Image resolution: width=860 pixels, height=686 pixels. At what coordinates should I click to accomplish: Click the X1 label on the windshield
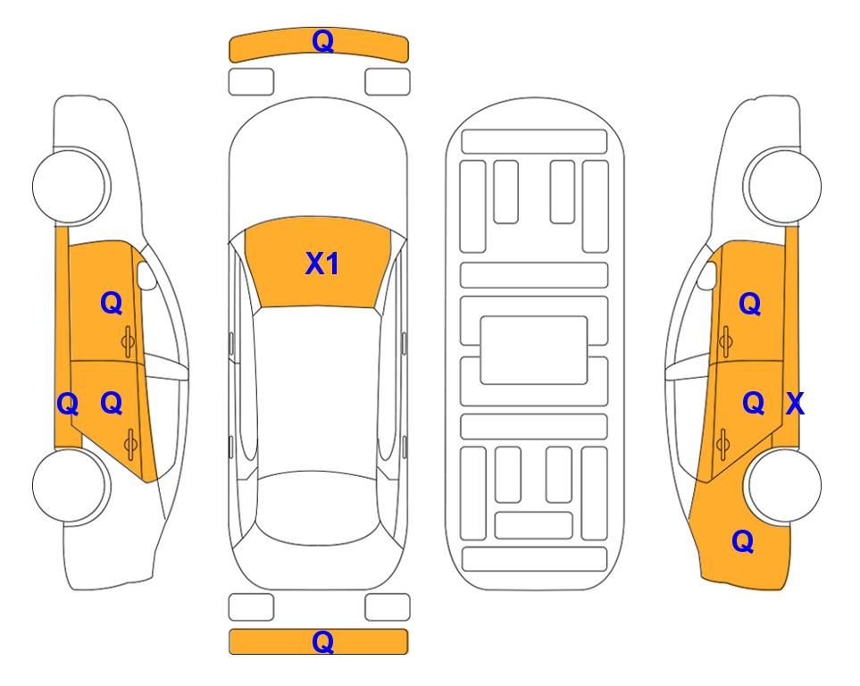[x=322, y=264]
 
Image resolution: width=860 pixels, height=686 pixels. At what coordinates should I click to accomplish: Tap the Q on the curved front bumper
[x=322, y=41]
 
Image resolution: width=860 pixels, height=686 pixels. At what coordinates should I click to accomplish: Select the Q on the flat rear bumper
[x=322, y=641]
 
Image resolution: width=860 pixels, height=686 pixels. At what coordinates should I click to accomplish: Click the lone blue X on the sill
[x=795, y=404]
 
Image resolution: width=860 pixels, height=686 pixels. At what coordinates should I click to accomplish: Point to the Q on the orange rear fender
[x=743, y=541]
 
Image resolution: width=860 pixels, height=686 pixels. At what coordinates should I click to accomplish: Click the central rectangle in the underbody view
[x=534, y=350]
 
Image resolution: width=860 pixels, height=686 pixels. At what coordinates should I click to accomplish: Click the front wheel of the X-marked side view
[x=782, y=186]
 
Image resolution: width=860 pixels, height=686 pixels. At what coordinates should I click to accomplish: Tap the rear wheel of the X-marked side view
[x=782, y=485]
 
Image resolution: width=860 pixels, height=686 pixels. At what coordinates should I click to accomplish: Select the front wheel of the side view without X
[x=71, y=186]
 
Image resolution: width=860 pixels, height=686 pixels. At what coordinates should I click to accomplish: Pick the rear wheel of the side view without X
[x=71, y=485]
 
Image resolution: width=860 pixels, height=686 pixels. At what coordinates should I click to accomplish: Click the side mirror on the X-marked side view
[x=707, y=275]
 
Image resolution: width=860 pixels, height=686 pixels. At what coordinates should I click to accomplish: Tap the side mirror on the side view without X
[x=146, y=275]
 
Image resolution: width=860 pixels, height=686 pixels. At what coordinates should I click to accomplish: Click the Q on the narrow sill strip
[x=68, y=405]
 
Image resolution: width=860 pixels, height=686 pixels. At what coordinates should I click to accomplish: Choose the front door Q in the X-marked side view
[x=750, y=304]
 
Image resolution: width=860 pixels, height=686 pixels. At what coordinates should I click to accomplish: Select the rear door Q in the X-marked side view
[x=753, y=404]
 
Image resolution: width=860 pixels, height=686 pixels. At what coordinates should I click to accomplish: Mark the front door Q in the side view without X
[x=112, y=303]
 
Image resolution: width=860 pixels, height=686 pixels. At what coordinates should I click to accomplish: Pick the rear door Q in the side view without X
[x=112, y=404]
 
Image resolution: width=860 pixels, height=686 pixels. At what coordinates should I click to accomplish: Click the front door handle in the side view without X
[x=129, y=342]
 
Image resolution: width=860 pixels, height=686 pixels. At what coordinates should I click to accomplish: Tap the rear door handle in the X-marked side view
[x=723, y=444]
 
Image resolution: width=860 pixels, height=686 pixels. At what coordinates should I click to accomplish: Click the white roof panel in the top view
[x=318, y=389]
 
